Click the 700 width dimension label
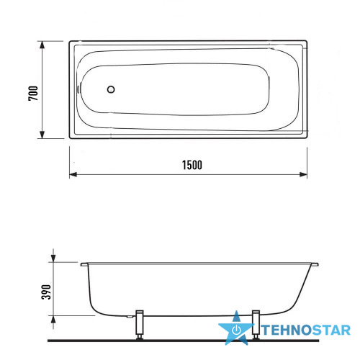[x=33, y=93]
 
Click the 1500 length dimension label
[x=192, y=165]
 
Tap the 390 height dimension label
[x=46, y=292]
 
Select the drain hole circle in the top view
[x=111, y=89]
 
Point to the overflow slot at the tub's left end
[x=78, y=89]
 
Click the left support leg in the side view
[x=140, y=325]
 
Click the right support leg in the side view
[x=256, y=325]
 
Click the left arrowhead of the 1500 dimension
[x=73, y=174]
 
